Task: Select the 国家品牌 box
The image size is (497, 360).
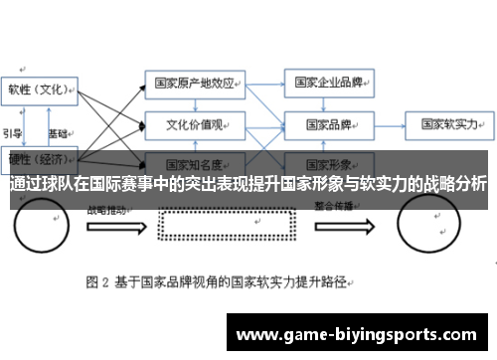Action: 328,124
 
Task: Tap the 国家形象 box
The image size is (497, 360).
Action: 328,162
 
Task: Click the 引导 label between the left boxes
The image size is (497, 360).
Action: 13,132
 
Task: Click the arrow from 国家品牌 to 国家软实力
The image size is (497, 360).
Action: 389,125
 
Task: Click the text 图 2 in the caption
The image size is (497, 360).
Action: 97,281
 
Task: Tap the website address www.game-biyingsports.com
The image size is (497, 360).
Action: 362,335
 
